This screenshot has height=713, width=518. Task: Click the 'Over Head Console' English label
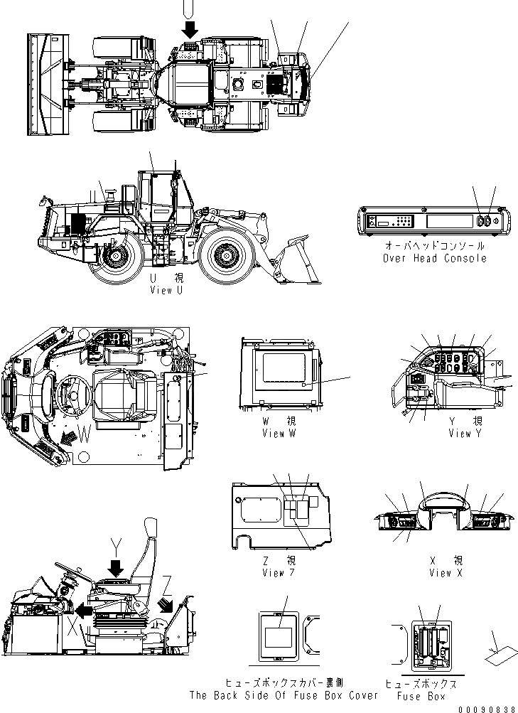click(x=435, y=258)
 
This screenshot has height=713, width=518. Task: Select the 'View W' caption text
click(x=279, y=433)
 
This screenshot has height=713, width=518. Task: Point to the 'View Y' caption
click(x=460, y=433)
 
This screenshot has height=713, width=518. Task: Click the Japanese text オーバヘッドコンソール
click(x=435, y=246)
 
